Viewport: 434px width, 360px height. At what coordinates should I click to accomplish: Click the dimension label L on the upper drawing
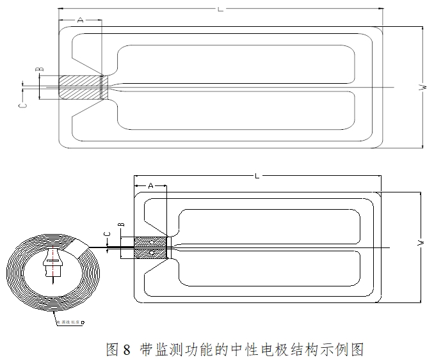220,8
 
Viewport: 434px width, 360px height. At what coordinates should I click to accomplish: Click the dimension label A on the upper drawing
80,20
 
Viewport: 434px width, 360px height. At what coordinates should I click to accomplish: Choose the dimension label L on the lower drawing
257,175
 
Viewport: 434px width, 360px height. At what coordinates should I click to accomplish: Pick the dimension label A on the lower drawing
150,185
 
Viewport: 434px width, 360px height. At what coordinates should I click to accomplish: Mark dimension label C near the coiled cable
107,235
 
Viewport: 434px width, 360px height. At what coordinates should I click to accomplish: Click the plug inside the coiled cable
51,262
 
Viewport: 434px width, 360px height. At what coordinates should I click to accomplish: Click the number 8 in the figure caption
127,349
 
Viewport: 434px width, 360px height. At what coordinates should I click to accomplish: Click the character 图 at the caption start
113,349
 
